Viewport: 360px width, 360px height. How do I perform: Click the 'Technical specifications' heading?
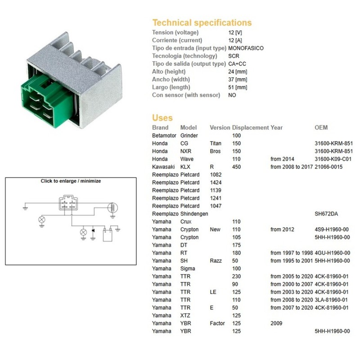[202, 22]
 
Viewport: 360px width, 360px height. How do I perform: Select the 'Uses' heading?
[162, 118]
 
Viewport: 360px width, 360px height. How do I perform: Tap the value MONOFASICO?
[246, 48]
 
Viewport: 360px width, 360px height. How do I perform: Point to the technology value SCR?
[234, 56]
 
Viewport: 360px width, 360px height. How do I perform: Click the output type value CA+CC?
[237, 64]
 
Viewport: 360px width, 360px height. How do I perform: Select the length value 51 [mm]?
[238, 87]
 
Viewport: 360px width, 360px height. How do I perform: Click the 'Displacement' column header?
[250, 127]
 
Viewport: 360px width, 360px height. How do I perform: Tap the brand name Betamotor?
[164, 135]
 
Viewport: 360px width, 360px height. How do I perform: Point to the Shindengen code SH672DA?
[327, 214]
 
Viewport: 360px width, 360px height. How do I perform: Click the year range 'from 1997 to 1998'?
[291, 253]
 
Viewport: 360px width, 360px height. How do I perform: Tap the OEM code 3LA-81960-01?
[332, 300]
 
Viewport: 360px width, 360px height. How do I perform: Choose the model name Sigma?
[188, 269]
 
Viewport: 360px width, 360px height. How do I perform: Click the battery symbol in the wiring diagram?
[107, 234]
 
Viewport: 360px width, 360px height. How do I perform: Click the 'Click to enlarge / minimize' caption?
[71, 181]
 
